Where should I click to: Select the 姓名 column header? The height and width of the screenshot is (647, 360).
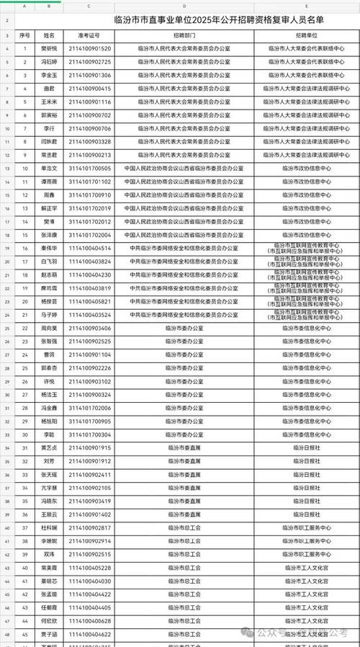tap(49, 35)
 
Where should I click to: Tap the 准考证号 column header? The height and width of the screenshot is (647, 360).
tap(90, 35)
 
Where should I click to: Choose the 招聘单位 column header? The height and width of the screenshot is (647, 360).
tap(306, 35)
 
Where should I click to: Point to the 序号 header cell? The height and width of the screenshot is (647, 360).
tap(24, 35)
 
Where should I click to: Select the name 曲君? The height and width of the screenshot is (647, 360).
tap(49, 89)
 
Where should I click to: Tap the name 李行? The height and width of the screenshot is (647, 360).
tap(49, 128)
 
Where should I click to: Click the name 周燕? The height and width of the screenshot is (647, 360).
tap(49, 195)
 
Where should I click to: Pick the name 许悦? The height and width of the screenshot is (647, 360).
tap(49, 381)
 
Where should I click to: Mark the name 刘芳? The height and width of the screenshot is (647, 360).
tap(49, 461)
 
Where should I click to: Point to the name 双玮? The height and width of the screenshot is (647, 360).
tap(49, 554)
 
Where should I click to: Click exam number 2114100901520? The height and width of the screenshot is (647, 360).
tap(90, 48)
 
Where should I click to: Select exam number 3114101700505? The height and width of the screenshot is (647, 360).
tap(90, 168)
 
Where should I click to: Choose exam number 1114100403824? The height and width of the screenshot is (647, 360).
tap(90, 261)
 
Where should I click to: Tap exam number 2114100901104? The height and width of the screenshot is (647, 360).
tap(90, 354)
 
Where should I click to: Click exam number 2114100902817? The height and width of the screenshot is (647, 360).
tap(90, 527)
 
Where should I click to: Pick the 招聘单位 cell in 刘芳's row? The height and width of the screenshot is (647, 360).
tap(306, 461)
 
